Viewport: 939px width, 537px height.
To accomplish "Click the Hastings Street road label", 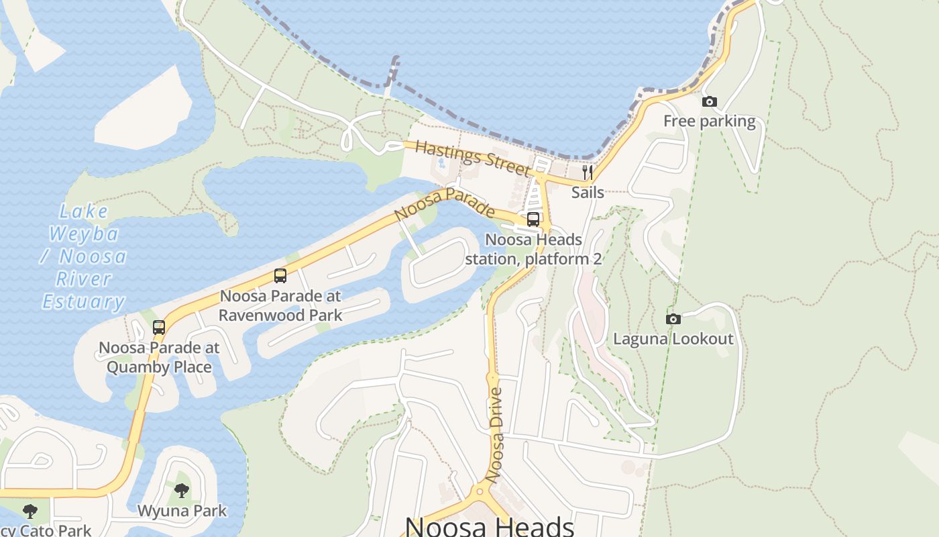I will pyautogui.click(x=472, y=158).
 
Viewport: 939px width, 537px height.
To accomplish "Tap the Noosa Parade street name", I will pyautogui.click(x=444, y=204).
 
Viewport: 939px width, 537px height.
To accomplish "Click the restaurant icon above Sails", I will pyautogui.click(x=588, y=173).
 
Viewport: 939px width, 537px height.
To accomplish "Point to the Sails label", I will pyautogui.click(x=588, y=193).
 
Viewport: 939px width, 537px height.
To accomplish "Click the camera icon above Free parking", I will pyautogui.click(x=709, y=102).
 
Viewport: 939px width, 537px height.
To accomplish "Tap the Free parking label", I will pyautogui.click(x=709, y=121).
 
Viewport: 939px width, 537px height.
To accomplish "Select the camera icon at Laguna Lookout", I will pyautogui.click(x=673, y=319).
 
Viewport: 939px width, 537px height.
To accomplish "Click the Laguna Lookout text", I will pyautogui.click(x=673, y=339).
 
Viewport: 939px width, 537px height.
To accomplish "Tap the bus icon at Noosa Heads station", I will pyautogui.click(x=533, y=219).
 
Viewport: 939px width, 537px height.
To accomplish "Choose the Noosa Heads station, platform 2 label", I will pyautogui.click(x=533, y=249).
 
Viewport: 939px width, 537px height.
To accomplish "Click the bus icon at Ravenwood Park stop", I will pyautogui.click(x=280, y=275).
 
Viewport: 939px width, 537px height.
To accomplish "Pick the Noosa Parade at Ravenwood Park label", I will pyautogui.click(x=280, y=305).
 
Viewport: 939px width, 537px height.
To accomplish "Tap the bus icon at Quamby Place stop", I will pyautogui.click(x=158, y=328).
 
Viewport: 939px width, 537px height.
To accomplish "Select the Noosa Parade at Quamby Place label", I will pyautogui.click(x=159, y=357).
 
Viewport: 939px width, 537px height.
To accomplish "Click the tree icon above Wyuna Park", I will pyautogui.click(x=182, y=491).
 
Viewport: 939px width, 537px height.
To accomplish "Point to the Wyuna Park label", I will pyautogui.click(x=182, y=511).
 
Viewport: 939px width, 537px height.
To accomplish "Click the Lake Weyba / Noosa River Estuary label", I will pyautogui.click(x=85, y=256).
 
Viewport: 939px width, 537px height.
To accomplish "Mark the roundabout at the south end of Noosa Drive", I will pyautogui.click(x=480, y=491).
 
